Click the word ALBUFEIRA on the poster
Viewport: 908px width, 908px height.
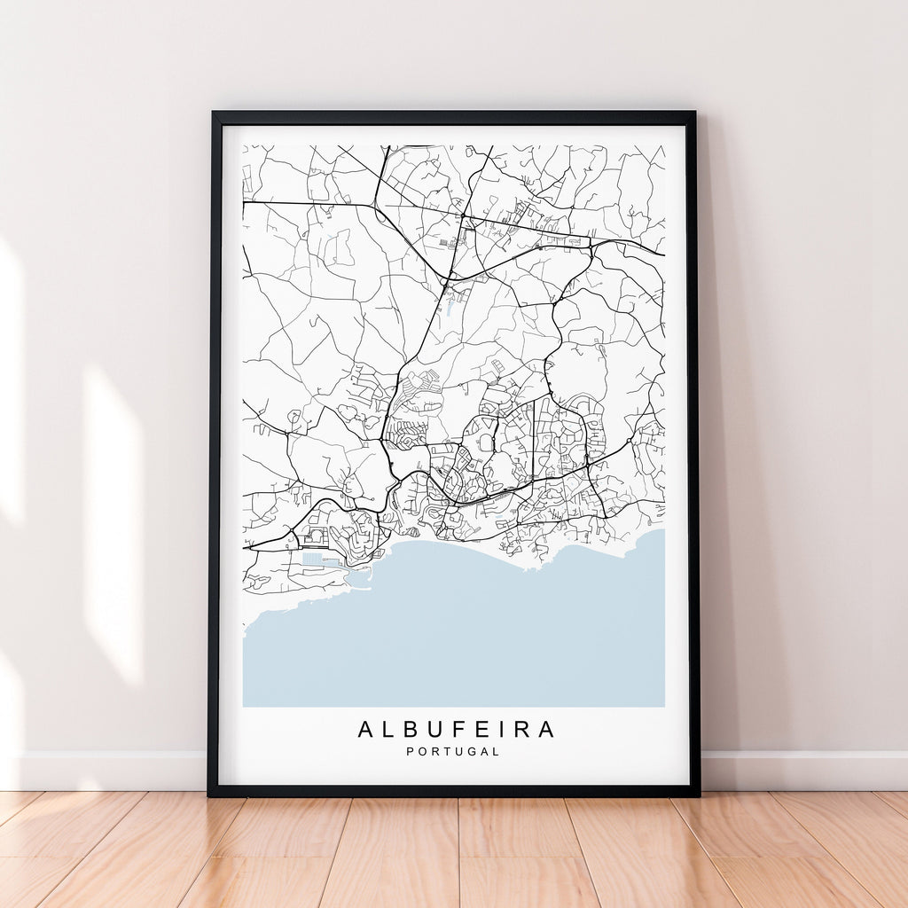coord(456,730)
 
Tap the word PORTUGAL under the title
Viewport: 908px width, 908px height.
coord(453,752)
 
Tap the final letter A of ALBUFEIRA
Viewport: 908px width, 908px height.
coord(545,730)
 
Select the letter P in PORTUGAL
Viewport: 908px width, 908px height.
coord(410,752)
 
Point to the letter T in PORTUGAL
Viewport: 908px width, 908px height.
coord(441,752)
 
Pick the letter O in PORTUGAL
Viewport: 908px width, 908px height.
coord(420,752)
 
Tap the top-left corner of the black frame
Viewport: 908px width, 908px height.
coord(214,113)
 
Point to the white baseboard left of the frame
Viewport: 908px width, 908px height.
coord(106,771)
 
